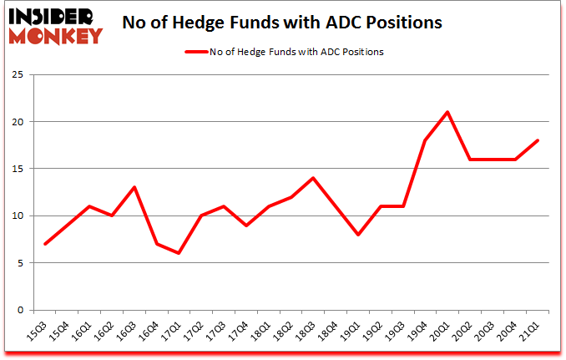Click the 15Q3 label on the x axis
38,332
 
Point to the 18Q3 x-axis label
307,332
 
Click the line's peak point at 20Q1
447,112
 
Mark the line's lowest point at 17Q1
179,253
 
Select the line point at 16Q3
134,187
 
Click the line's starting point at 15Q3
44,244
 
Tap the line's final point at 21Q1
538,140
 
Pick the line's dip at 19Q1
358,235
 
